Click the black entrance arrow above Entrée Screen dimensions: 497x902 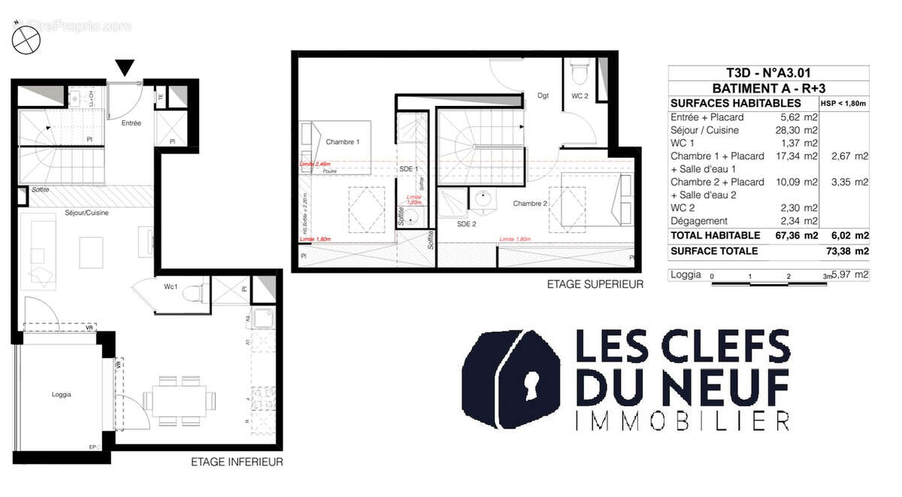(126, 68)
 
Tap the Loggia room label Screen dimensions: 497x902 (62, 393)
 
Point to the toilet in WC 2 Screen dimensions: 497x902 (580, 73)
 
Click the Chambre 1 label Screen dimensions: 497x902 (342, 142)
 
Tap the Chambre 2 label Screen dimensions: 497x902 (530, 204)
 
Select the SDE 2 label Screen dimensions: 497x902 (468, 223)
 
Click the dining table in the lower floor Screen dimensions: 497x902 (179, 399)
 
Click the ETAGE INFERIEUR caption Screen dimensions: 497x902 (237, 462)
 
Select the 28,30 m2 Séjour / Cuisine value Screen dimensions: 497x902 (800, 130)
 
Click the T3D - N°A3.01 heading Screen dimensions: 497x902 (767, 73)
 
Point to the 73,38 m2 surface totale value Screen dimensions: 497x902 (847, 251)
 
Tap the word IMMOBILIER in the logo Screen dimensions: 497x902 (682, 420)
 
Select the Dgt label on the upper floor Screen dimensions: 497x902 (543, 95)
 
